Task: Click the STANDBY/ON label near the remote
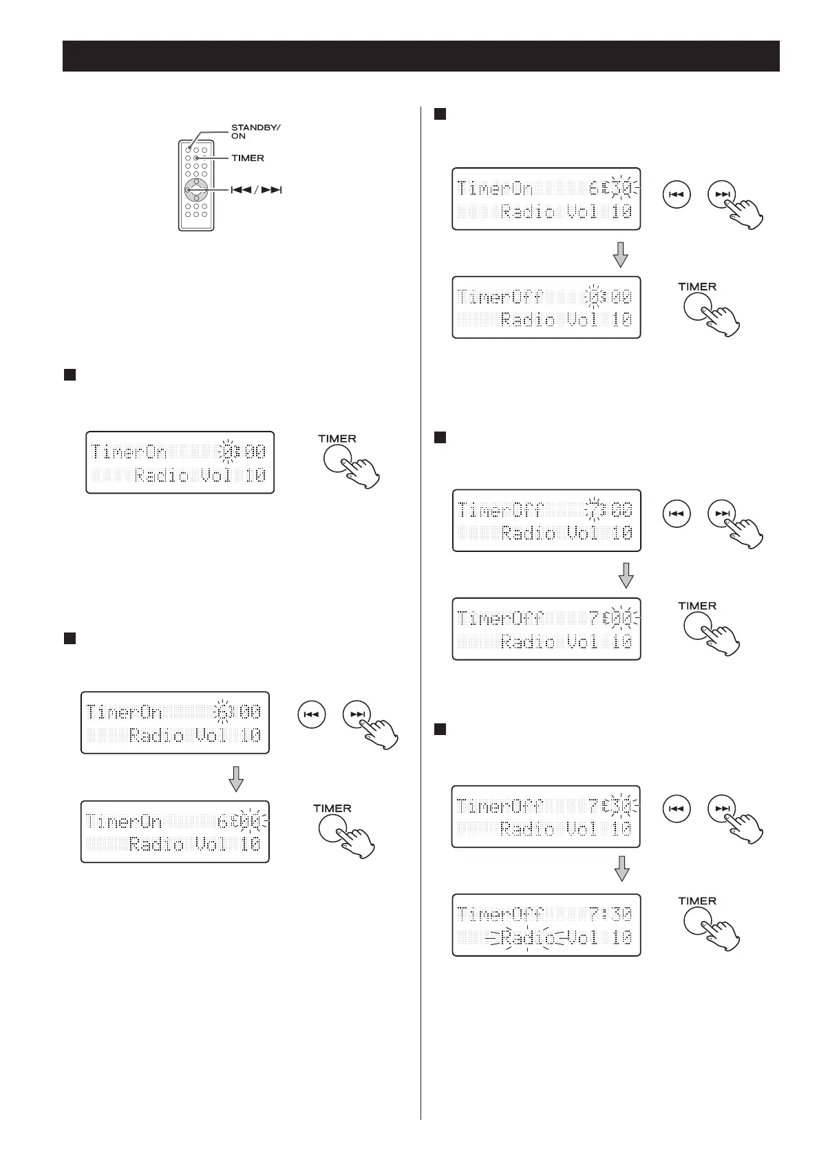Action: click(x=255, y=131)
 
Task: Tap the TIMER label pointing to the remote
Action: click(x=248, y=158)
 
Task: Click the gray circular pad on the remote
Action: click(x=196, y=190)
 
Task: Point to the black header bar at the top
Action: click(x=421, y=56)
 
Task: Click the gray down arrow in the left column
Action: click(x=236, y=778)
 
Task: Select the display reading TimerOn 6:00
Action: click(x=175, y=831)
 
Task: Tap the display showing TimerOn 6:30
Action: click(x=546, y=198)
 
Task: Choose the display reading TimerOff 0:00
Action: click(x=546, y=307)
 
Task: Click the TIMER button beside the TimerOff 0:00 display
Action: click(x=698, y=307)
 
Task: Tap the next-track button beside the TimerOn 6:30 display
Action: click(x=721, y=195)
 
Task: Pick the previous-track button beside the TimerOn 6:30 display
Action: click(x=676, y=195)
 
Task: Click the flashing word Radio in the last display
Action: click(x=527, y=937)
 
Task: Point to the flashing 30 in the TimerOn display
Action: click(x=621, y=188)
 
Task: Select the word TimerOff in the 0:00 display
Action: click(x=500, y=297)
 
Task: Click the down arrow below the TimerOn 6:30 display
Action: click(x=621, y=254)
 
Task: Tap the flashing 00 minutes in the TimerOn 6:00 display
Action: click(x=250, y=820)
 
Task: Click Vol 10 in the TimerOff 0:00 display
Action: click(x=599, y=320)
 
